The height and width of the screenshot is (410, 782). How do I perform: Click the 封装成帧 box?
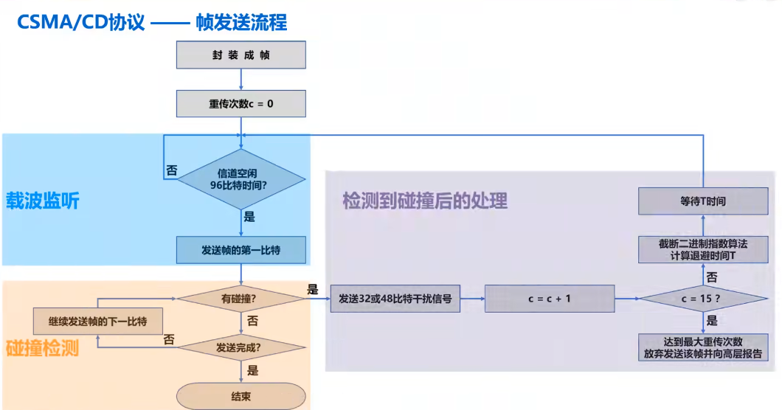[241, 55]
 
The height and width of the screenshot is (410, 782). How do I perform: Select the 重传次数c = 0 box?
[241, 104]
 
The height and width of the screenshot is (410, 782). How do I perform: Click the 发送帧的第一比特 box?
[241, 250]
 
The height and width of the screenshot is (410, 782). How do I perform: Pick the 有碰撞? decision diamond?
[241, 299]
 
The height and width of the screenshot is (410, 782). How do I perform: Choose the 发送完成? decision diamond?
[241, 346]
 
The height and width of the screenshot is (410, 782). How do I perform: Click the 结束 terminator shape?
[241, 396]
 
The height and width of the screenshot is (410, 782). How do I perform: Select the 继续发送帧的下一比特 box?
[97, 322]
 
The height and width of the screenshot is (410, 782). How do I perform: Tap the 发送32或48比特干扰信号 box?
[395, 299]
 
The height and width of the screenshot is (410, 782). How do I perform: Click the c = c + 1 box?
[549, 299]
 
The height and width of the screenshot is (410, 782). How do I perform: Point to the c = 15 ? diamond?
[702, 299]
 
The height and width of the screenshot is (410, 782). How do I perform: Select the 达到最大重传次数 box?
[702, 347]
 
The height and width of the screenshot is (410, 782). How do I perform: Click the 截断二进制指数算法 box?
[702, 249]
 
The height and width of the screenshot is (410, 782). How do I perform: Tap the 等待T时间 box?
[702, 201]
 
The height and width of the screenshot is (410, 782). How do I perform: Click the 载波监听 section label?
[43, 201]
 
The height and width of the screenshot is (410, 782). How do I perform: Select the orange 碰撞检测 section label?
[43, 347]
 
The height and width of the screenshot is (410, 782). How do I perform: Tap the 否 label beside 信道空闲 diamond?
[171, 170]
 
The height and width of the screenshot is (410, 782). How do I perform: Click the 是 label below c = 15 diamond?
[712, 321]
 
